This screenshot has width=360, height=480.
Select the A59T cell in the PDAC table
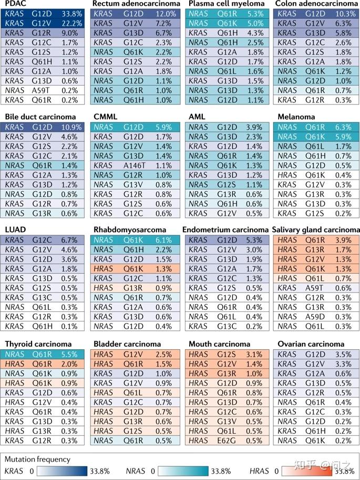[x=42, y=89]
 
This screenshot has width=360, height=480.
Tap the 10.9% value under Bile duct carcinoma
[x=71, y=127]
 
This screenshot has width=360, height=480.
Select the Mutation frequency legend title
[x=37, y=459]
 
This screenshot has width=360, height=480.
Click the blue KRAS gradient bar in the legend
[x=65, y=471]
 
